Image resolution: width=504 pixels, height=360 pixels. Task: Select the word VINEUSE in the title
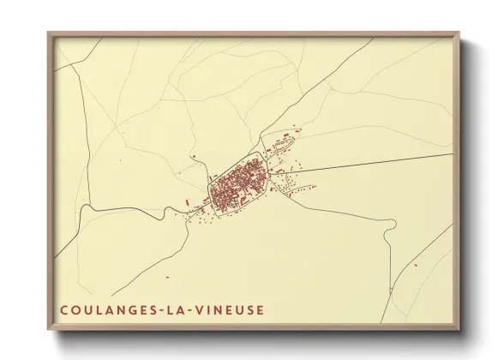point(231,309)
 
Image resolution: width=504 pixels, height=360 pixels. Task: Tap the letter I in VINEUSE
point(210,309)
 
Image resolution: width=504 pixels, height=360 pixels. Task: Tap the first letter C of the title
point(63,309)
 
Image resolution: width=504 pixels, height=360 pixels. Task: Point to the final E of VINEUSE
point(261,309)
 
